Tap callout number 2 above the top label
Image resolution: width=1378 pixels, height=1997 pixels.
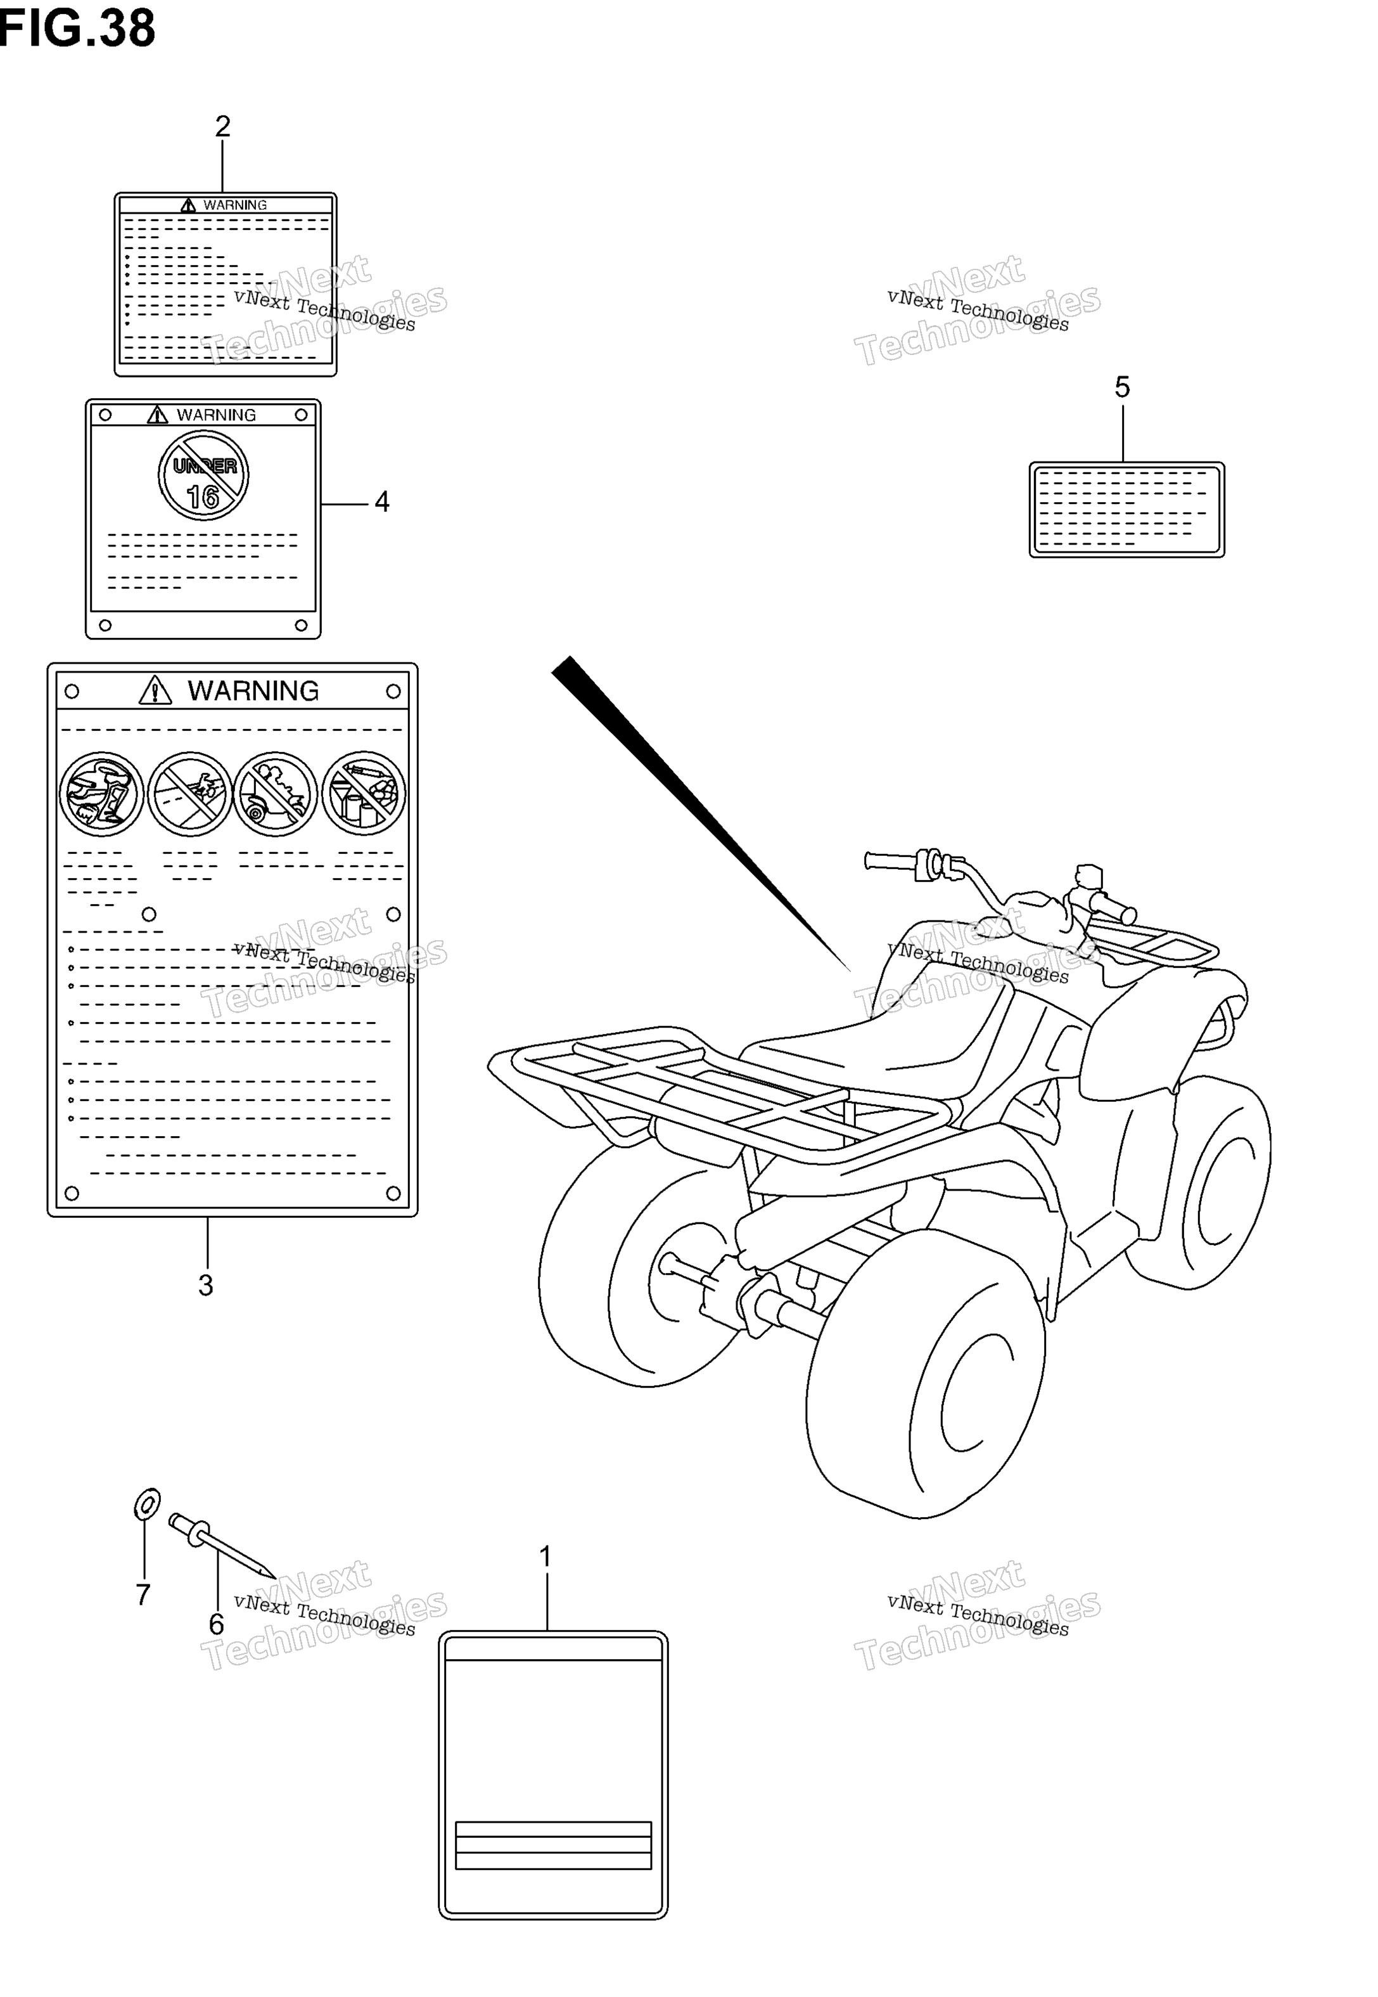[223, 126]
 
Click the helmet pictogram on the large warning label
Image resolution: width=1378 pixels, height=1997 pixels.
[102, 794]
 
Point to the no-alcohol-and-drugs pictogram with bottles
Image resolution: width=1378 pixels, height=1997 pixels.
[364, 794]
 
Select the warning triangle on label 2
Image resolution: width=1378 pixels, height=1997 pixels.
[188, 205]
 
